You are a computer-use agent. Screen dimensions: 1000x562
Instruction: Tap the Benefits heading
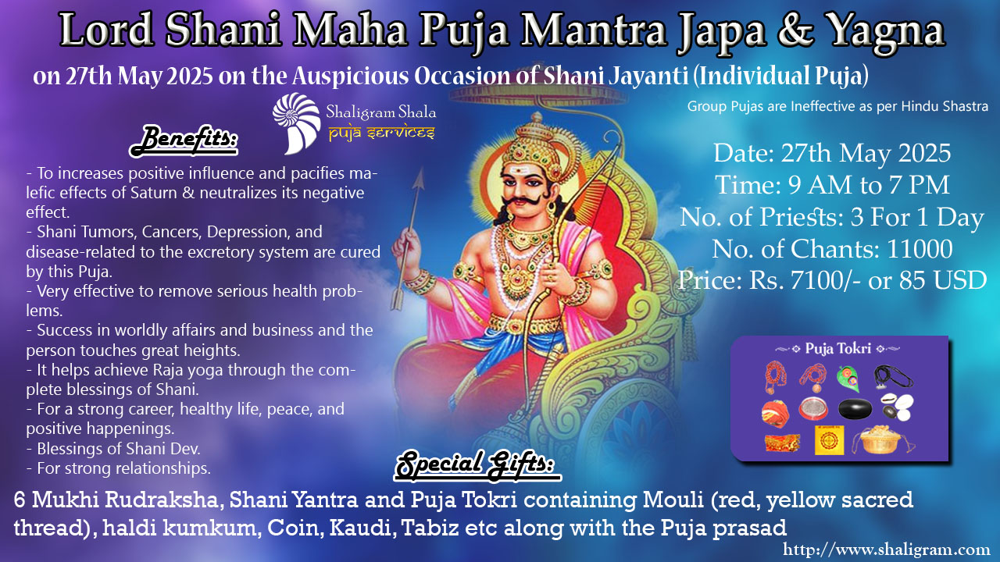point(184,140)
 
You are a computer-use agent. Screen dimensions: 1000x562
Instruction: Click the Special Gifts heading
point(477,465)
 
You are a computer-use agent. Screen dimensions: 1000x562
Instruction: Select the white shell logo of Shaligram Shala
point(296,123)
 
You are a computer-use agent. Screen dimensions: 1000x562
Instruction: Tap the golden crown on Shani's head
point(533,143)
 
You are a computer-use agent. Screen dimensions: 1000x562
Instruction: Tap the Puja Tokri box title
point(837,348)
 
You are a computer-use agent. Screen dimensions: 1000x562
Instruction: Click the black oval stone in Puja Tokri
point(855,409)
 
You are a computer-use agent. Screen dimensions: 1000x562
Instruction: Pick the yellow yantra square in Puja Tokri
point(829,440)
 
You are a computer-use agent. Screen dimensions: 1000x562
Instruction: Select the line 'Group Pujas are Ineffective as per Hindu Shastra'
point(837,106)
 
